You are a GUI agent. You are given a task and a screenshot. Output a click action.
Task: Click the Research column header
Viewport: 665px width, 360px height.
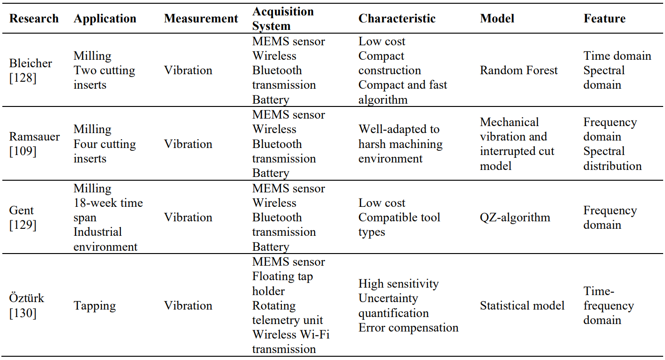point(34,18)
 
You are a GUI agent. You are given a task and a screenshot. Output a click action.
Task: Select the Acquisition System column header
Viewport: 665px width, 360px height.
point(283,18)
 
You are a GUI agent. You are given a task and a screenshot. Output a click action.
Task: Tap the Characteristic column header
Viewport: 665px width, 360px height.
point(397,18)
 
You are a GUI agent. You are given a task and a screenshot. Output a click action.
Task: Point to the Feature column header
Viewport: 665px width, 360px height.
point(604,18)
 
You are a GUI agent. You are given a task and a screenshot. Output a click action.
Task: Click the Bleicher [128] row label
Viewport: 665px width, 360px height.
point(31,71)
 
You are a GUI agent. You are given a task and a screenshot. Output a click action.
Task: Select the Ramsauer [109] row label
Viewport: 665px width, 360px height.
point(35,144)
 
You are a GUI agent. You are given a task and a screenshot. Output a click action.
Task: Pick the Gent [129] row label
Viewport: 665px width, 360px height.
point(23,218)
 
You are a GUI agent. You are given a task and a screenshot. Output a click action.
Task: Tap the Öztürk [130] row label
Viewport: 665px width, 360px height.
point(27,305)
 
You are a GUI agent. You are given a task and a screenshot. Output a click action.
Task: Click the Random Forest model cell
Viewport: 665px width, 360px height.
point(518,71)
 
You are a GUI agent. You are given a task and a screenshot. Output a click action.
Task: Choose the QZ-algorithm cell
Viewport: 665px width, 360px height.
point(515,218)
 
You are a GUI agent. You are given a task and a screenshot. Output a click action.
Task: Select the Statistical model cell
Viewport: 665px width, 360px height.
point(522,305)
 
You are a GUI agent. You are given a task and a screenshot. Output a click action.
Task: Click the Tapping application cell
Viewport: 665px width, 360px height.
point(95,306)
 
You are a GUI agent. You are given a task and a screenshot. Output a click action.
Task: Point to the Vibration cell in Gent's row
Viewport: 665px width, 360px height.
point(188,218)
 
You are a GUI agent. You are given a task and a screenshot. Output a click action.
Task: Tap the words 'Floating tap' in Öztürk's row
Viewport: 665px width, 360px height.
point(283,277)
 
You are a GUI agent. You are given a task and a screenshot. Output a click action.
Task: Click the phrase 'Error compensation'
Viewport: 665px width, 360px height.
point(408,328)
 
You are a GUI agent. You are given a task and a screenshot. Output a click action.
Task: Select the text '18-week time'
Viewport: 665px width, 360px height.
point(108,203)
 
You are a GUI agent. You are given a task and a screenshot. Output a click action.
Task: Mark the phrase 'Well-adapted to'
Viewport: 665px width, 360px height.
point(399,129)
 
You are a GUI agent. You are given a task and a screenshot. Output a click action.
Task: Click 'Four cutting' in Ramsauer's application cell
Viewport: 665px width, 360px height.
point(105,144)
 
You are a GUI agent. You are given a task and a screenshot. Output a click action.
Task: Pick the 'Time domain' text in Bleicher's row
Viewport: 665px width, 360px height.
point(617,56)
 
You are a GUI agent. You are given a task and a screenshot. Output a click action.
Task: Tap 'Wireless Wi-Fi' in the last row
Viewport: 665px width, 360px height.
point(291,334)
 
